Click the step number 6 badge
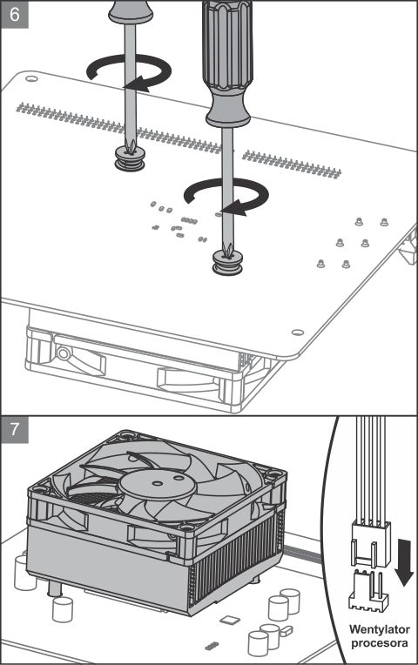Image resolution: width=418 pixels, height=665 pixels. click(15, 15)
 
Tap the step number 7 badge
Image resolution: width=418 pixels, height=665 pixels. click(15, 429)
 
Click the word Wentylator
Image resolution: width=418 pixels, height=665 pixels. click(380, 629)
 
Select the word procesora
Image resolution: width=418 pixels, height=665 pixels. click(380, 643)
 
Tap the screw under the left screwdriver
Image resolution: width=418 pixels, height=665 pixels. click(130, 158)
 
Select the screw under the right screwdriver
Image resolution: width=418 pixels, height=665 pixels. click(227, 263)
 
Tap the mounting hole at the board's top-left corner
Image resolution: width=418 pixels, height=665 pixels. click(31, 79)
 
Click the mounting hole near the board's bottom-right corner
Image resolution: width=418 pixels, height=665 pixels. click(298, 332)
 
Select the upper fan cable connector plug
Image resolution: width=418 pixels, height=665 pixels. click(370, 544)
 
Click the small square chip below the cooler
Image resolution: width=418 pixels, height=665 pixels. click(230, 620)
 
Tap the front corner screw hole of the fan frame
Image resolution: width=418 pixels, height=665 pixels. click(186, 527)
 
